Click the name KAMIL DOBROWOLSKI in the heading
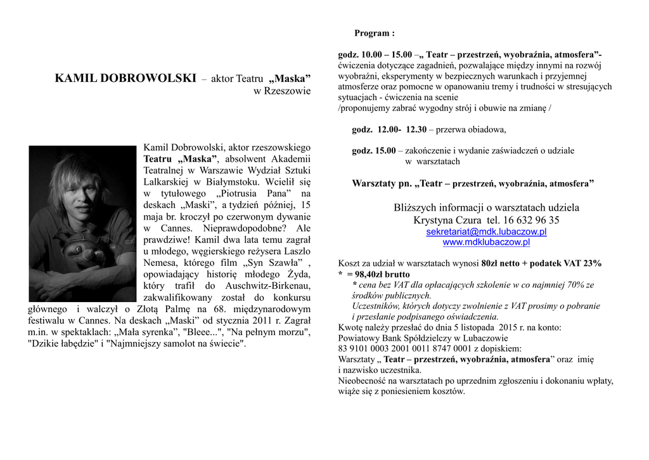pos(125,79)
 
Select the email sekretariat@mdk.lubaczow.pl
pos(486,232)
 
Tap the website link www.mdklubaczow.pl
pos(486,242)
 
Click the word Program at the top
pos(373,33)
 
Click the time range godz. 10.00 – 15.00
pos(375,55)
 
